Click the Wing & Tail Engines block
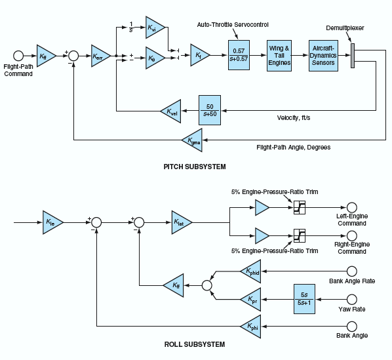(279, 56)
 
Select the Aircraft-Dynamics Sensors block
(323, 56)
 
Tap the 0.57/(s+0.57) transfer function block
(239, 55)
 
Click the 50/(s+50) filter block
(210, 110)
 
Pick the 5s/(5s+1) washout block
(304, 299)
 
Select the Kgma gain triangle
(192, 140)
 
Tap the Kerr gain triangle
(100, 56)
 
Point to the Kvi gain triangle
(155, 28)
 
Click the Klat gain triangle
(182, 222)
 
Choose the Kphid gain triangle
(251, 271)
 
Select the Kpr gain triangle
(251, 299)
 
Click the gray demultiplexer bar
(353, 56)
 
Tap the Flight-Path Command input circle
(18, 56)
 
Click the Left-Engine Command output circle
(352, 207)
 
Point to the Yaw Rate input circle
(352, 299)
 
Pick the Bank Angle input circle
(352, 327)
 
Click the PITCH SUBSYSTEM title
(195, 167)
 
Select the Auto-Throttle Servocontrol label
(233, 25)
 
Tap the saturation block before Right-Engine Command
(300, 235)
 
